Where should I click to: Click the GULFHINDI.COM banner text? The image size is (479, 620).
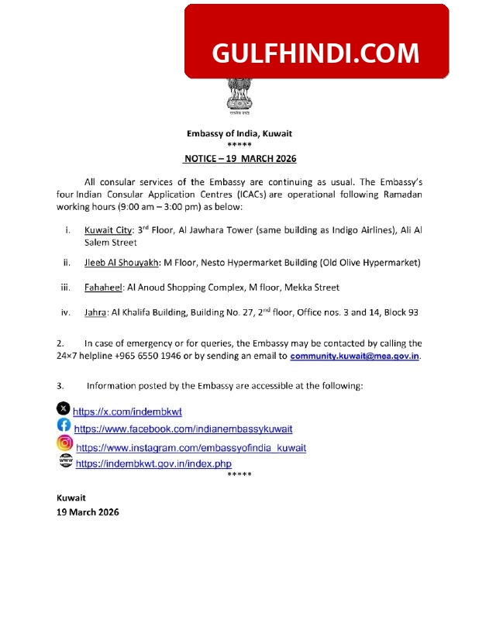click(x=315, y=53)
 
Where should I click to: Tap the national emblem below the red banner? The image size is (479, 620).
click(x=239, y=96)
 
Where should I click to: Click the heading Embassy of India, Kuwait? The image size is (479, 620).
click(x=239, y=133)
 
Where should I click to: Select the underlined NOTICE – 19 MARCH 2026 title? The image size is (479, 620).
click(x=239, y=158)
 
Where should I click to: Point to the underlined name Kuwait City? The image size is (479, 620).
click(x=107, y=230)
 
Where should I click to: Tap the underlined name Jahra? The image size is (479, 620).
click(x=95, y=312)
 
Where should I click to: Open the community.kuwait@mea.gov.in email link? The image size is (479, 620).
click(x=356, y=356)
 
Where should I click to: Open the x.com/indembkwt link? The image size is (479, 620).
click(x=128, y=412)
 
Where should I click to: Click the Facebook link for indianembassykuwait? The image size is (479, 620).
click(x=183, y=429)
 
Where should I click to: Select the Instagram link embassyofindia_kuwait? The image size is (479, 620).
click(x=191, y=448)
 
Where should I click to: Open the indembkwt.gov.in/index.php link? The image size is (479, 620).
click(x=153, y=463)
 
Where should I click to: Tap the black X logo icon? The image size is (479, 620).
click(x=64, y=408)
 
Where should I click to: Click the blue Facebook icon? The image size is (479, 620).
click(x=64, y=425)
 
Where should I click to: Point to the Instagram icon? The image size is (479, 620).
click(x=65, y=443)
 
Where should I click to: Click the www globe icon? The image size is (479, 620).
click(x=65, y=461)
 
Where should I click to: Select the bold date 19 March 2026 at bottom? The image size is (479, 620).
click(x=88, y=511)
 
